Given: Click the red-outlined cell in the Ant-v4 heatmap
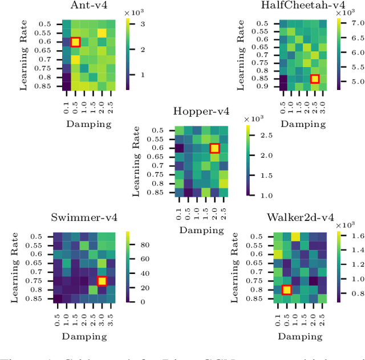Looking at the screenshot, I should click(x=75, y=42).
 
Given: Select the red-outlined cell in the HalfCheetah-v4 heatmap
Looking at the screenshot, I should click(x=314, y=79).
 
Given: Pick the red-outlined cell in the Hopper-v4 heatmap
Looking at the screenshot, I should click(x=214, y=148).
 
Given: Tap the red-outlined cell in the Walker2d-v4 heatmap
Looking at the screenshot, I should click(x=287, y=289).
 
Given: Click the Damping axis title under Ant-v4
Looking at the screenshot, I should click(x=88, y=123).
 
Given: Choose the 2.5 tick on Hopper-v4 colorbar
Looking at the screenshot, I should click(x=261, y=135).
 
